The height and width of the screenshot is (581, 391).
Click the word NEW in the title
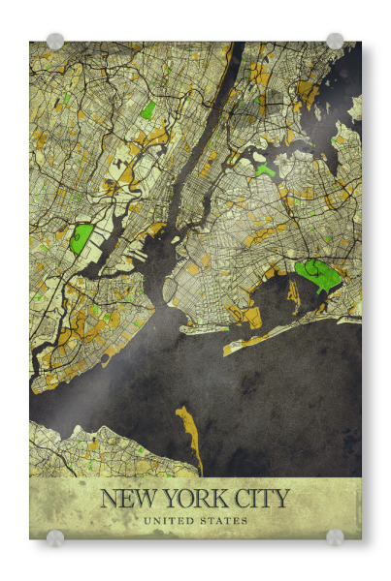[129, 500]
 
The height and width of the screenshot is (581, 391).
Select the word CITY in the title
[258, 500]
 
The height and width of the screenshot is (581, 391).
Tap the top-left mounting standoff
[55, 42]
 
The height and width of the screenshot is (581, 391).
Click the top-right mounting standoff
[335, 41]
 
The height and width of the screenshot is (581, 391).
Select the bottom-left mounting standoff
[55, 537]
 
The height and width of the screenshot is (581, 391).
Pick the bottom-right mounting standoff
[335, 537]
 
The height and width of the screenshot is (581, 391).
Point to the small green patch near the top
[147, 110]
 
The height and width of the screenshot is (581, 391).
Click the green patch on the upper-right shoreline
[264, 169]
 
